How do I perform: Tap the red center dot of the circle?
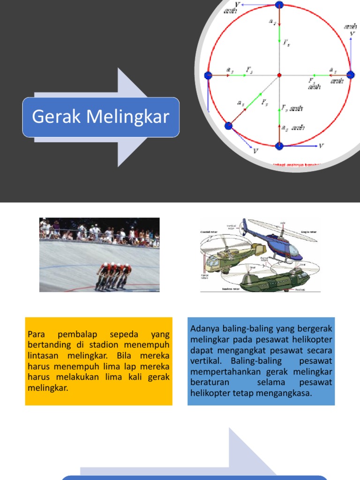point(279,75)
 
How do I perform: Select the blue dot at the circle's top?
point(279,5)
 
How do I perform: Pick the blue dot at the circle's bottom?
point(279,146)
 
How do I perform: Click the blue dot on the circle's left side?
point(208,75)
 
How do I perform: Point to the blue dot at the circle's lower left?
point(229,126)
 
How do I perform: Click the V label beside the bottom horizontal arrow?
point(321,146)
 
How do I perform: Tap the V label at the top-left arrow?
point(237,4)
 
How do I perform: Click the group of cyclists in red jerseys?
point(113,276)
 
